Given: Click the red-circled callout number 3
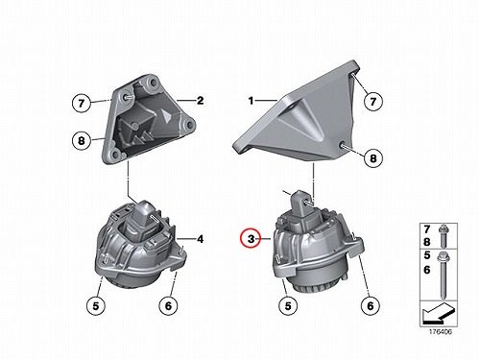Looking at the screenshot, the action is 252,239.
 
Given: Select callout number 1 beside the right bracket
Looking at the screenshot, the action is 251,101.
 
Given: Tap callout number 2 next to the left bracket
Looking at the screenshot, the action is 200,101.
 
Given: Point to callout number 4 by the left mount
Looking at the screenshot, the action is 200,239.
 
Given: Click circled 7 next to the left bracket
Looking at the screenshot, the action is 82,103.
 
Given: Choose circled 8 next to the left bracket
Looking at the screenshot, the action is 82,140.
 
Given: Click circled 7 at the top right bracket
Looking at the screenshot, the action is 373,102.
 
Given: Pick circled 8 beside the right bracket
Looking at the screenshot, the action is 373,157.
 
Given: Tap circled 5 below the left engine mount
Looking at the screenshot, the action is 96,306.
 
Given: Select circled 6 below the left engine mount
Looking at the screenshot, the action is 168,306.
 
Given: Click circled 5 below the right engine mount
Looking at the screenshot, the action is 288,306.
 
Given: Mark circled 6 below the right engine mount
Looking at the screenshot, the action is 371,306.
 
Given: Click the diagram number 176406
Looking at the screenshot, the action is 441,332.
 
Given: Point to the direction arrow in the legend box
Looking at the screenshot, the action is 438,314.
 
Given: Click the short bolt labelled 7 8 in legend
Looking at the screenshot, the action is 444,236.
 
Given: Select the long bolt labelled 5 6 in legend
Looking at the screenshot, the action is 444,275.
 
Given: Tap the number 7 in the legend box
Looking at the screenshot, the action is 427,229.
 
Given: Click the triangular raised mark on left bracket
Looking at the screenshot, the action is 167,115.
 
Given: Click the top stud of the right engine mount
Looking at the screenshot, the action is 309,203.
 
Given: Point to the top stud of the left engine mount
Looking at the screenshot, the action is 155,218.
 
